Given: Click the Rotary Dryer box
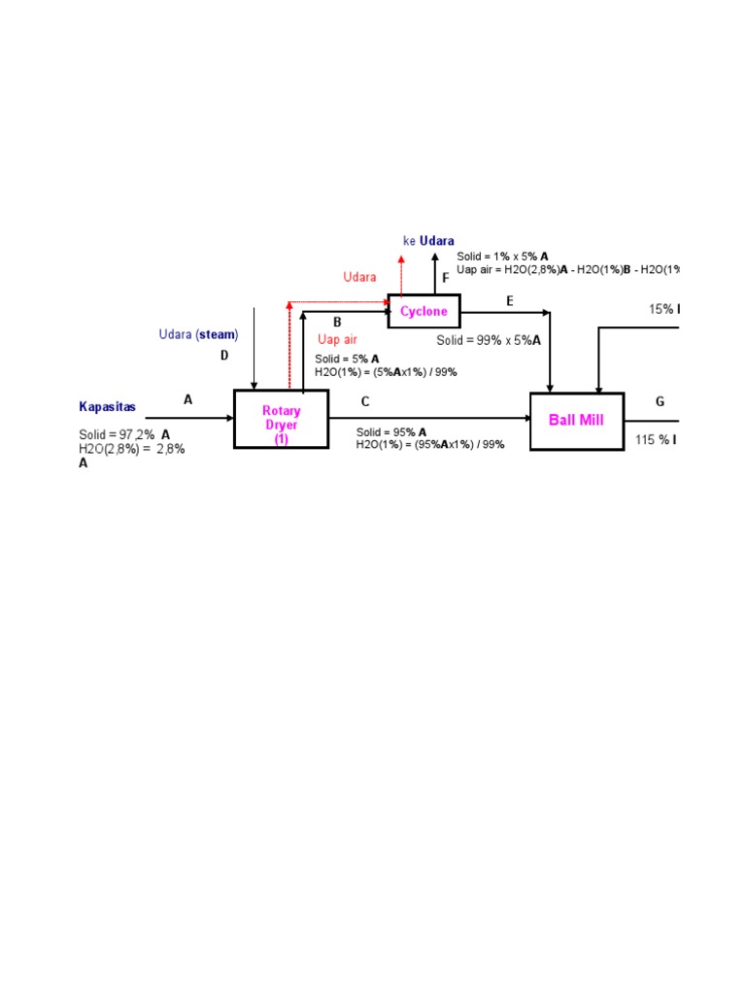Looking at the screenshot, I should click(x=282, y=420).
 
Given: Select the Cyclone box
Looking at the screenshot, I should click(x=424, y=311).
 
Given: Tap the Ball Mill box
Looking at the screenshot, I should click(x=576, y=421).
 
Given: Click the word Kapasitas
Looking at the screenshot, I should click(x=108, y=407).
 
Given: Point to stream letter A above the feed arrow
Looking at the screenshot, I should click(x=188, y=398).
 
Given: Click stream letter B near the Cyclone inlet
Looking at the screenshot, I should click(x=337, y=322).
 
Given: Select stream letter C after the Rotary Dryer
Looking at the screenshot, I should click(x=365, y=401).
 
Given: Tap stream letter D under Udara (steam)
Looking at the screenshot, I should click(x=224, y=356).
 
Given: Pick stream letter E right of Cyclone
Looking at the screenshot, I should click(x=509, y=301).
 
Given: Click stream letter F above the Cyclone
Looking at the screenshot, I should click(x=446, y=277).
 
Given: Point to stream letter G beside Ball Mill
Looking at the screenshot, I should click(x=660, y=401).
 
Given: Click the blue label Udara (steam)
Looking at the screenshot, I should click(x=198, y=334).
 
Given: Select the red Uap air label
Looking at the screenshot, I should click(x=337, y=340).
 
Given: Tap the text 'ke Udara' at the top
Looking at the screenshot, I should click(x=428, y=241).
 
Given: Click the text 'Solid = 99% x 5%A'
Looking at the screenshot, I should click(x=488, y=341).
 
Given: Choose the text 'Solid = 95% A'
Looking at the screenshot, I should click(x=390, y=431).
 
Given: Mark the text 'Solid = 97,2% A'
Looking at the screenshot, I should click(x=124, y=434).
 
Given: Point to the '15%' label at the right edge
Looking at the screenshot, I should click(x=664, y=309).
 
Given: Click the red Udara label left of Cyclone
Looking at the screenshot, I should click(x=359, y=278).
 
